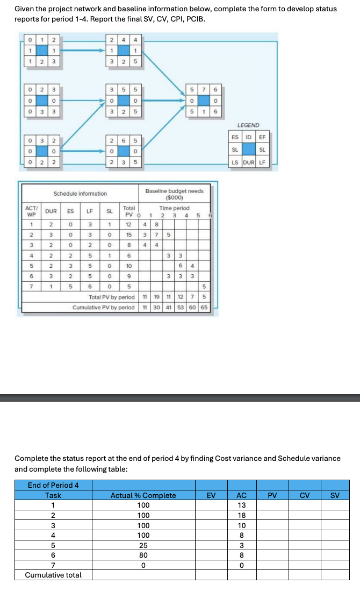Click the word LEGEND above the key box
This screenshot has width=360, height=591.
[x=248, y=125]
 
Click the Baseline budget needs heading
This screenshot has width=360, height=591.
[x=174, y=194]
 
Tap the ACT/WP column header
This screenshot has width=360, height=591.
[x=31, y=211]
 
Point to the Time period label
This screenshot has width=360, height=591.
[x=173, y=208]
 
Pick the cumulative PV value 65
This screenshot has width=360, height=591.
[x=204, y=308]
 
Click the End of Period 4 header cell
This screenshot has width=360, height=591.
[x=53, y=485]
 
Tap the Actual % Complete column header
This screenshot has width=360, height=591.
[x=143, y=495]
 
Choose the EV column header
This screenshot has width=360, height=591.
[x=211, y=495]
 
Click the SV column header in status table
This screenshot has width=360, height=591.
[x=334, y=495]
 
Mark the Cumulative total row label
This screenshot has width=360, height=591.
[x=53, y=575]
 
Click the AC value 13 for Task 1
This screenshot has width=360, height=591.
[x=241, y=505]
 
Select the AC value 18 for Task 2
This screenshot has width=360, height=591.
[x=241, y=515]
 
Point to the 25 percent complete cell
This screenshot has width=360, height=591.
[x=143, y=545]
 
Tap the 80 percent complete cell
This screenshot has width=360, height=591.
[x=143, y=555]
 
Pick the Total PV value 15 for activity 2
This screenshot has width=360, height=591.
[x=128, y=234]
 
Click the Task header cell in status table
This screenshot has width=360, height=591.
[x=53, y=495]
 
